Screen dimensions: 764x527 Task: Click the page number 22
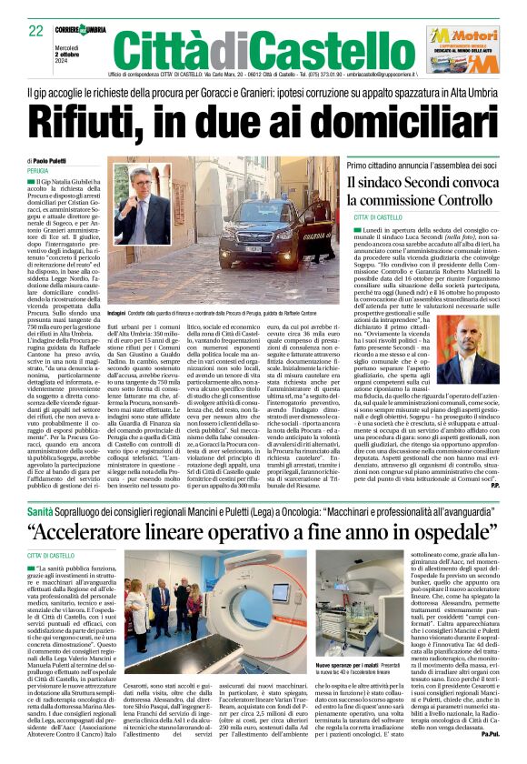point(36,31)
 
